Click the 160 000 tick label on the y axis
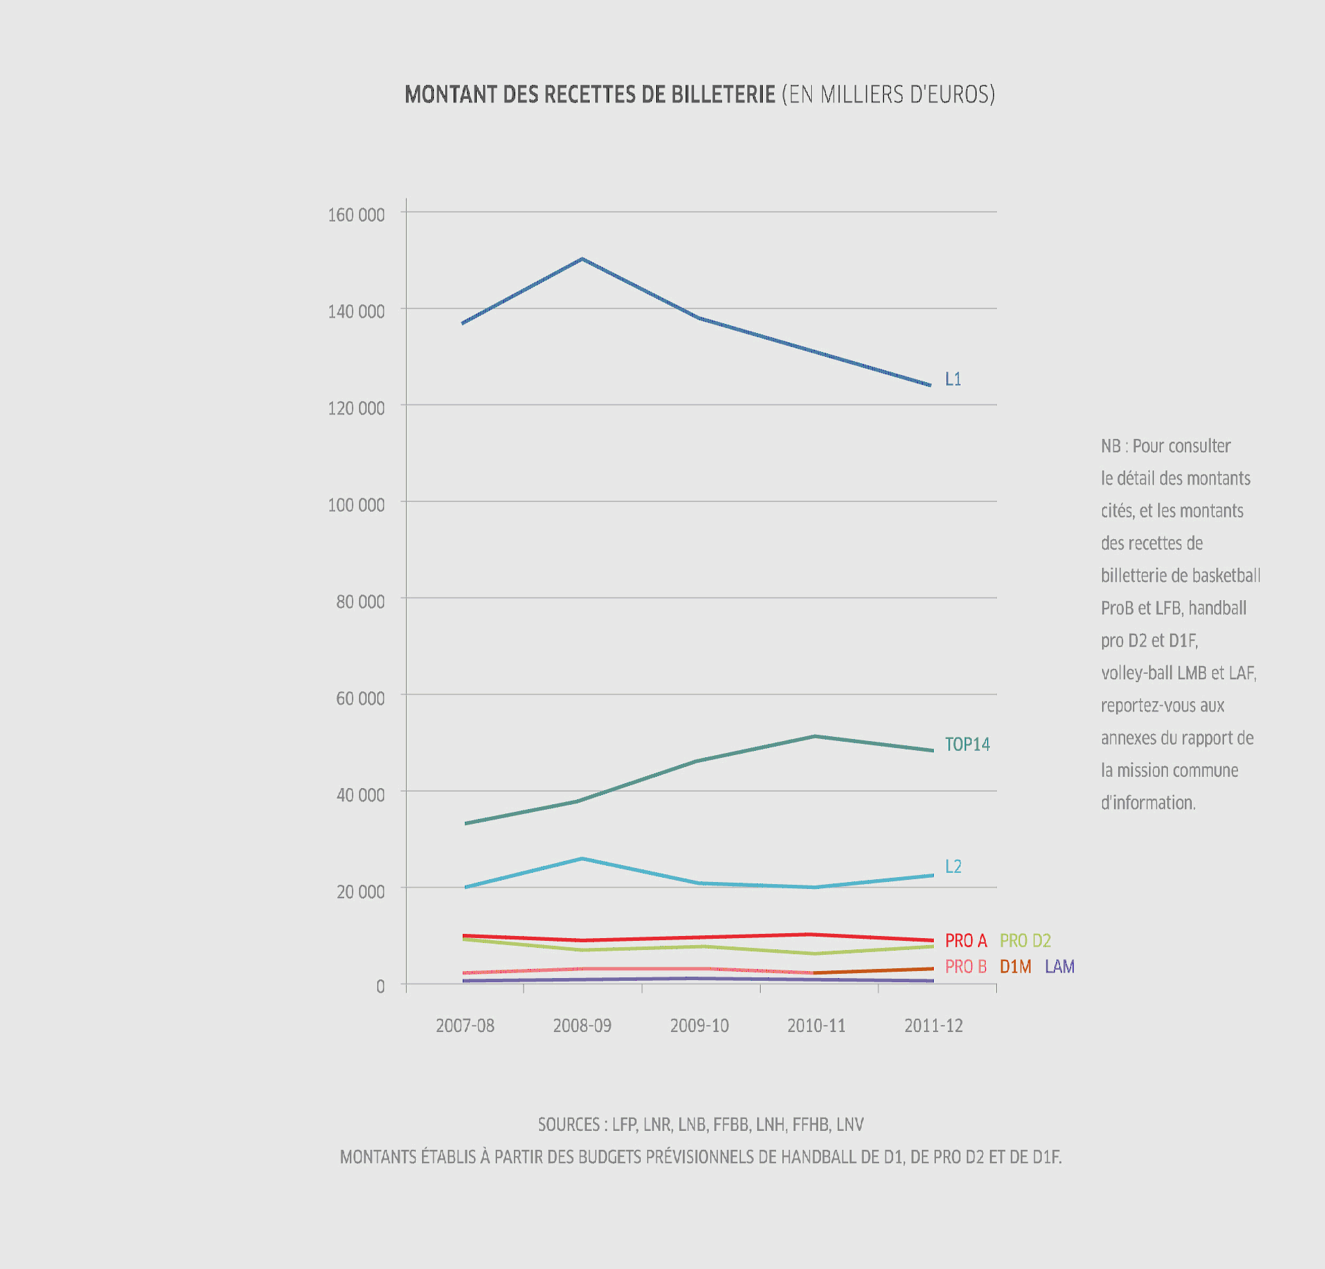(x=356, y=215)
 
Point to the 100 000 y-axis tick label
(x=356, y=505)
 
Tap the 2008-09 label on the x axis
(x=582, y=1026)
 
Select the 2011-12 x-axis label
(x=933, y=1026)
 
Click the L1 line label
(x=953, y=379)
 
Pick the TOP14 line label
(x=967, y=745)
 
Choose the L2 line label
(x=953, y=867)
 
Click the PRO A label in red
(x=965, y=941)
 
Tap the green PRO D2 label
(x=1025, y=941)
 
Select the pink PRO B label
(x=965, y=967)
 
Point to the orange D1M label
(x=1015, y=967)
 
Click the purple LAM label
(x=1059, y=967)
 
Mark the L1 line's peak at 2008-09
(x=583, y=259)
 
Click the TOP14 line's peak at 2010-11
(x=815, y=736)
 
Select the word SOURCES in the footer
(x=569, y=1125)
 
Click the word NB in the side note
(x=1110, y=447)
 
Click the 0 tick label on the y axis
(x=380, y=986)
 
